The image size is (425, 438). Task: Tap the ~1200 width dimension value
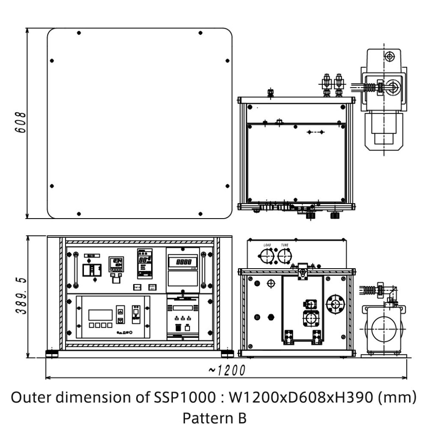click(227, 370)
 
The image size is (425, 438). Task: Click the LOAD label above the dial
click(267, 245)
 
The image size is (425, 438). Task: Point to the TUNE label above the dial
click(284, 245)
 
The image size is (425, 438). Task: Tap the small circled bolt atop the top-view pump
click(389, 56)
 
